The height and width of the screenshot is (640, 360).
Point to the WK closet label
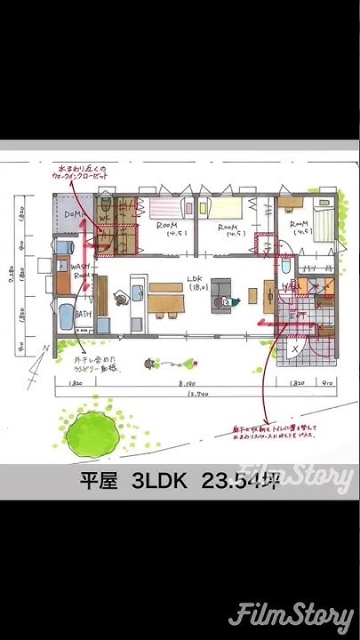[105, 216]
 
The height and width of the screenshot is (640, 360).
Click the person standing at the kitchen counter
[120, 299]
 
